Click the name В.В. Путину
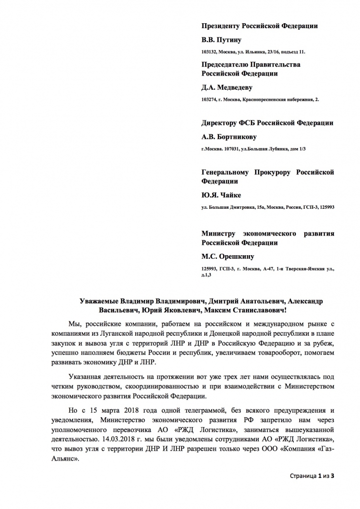[x=221, y=40]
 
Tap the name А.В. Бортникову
[x=229, y=137]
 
